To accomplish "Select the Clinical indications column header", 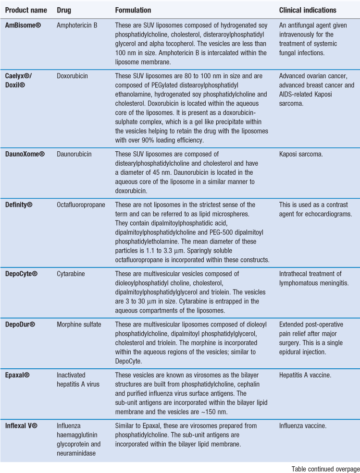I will (308, 10).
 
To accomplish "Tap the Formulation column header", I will (133, 10).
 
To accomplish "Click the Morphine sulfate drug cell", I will (79, 325).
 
